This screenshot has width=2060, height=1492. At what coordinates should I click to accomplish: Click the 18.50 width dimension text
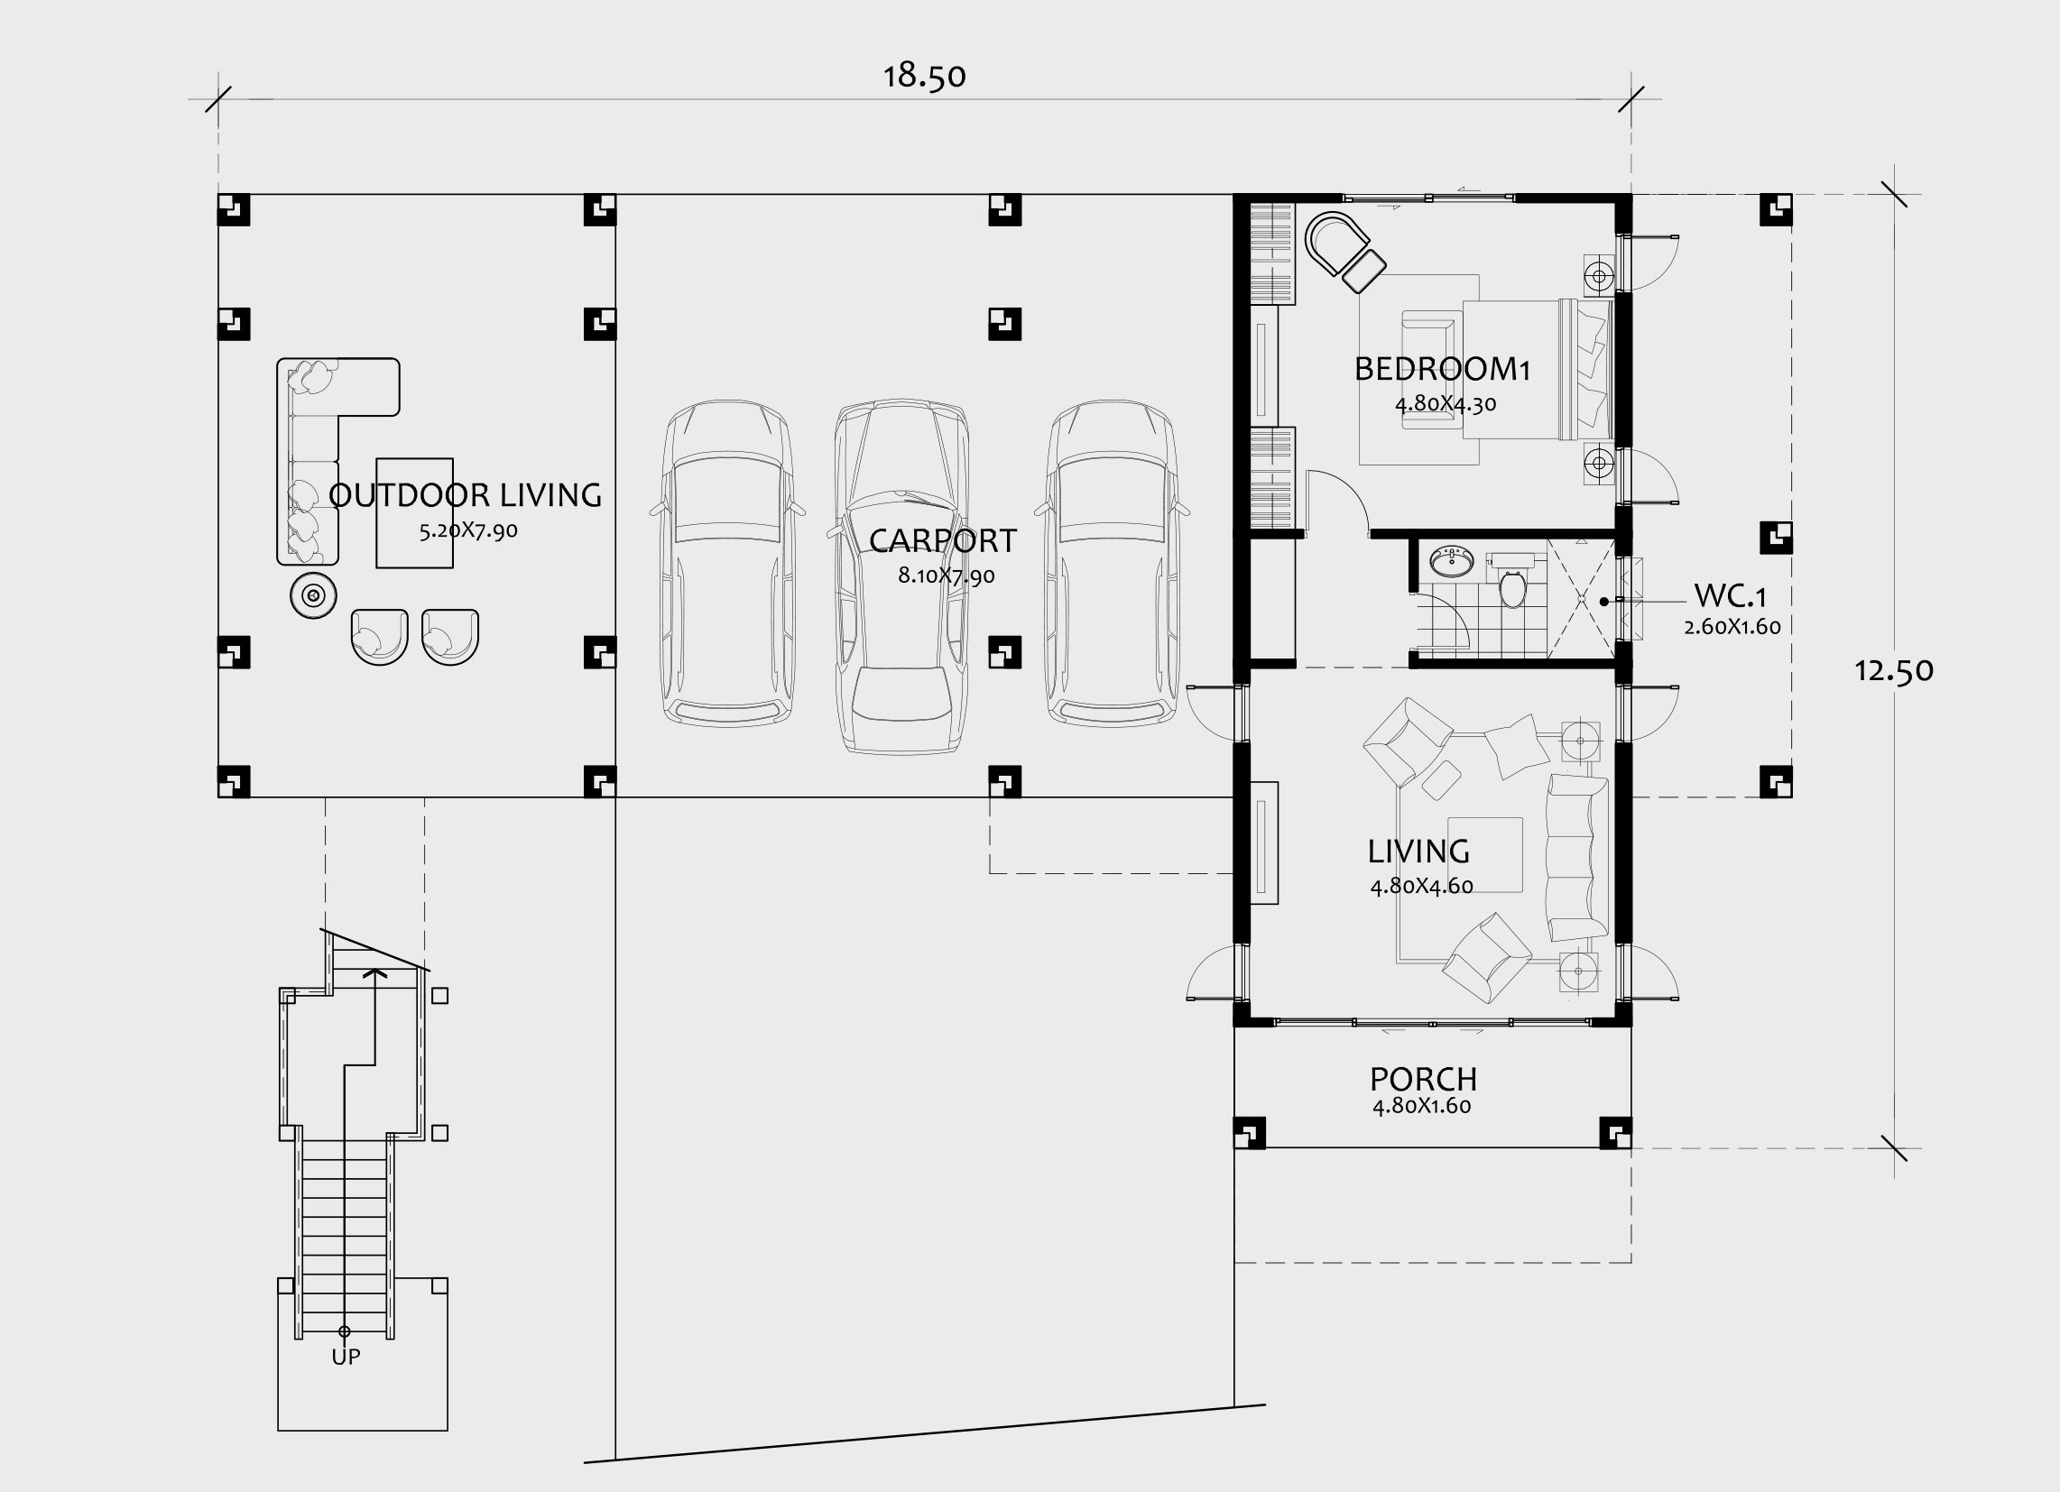[925, 77]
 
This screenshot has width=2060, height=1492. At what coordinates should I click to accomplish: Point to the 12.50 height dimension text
[1894, 671]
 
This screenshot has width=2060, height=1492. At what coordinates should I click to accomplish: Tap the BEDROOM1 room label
[1443, 369]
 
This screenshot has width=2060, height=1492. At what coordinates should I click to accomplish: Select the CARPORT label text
[943, 540]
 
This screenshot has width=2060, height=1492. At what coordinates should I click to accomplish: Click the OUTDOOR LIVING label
[465, 495]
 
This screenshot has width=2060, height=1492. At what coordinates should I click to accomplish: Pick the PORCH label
[1423, 1079]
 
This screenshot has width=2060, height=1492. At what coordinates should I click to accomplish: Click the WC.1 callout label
[1731, 596]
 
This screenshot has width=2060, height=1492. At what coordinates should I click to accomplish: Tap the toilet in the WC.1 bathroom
[1512, 584]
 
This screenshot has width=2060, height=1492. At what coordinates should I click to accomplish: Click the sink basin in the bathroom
[1453, 561]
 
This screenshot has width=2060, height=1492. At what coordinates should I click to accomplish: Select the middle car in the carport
[901, 576]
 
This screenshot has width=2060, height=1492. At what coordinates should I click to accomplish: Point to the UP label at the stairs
[346, 1357]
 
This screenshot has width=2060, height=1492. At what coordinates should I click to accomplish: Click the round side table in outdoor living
[313, 595]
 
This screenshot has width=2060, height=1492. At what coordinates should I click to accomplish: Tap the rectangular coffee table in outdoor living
[415, 513]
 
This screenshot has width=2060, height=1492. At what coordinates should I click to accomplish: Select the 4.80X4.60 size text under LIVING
[1421, 886]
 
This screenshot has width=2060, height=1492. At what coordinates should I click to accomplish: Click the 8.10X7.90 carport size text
[947, 576]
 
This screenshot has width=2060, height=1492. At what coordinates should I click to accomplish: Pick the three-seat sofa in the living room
[1577, 857]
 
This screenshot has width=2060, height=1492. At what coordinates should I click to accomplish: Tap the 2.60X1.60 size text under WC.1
[1732, 627]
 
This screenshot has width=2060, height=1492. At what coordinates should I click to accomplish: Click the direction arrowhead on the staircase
[375, 972]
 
